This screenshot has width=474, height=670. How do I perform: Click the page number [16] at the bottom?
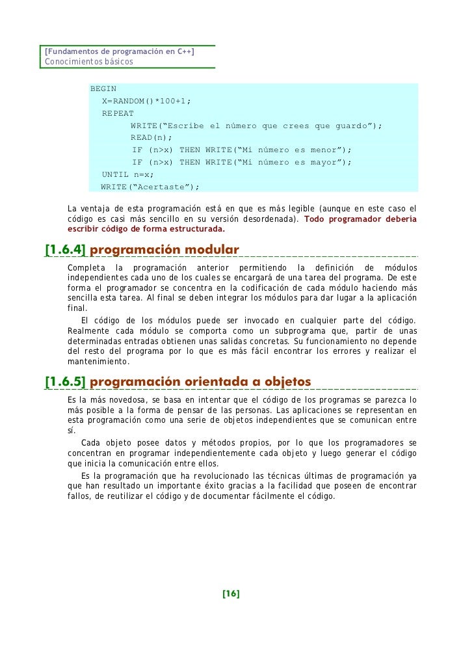[231, 594]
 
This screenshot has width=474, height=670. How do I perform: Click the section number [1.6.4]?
[64, 250]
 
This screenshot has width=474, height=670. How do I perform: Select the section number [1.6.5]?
[64, 381]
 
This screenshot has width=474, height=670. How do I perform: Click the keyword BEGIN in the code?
[103, 88]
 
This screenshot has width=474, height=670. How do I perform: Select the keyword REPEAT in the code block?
[118, 113]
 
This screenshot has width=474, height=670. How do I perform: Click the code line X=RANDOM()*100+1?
[147, 101]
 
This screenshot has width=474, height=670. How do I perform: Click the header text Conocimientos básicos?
[88, 62]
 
